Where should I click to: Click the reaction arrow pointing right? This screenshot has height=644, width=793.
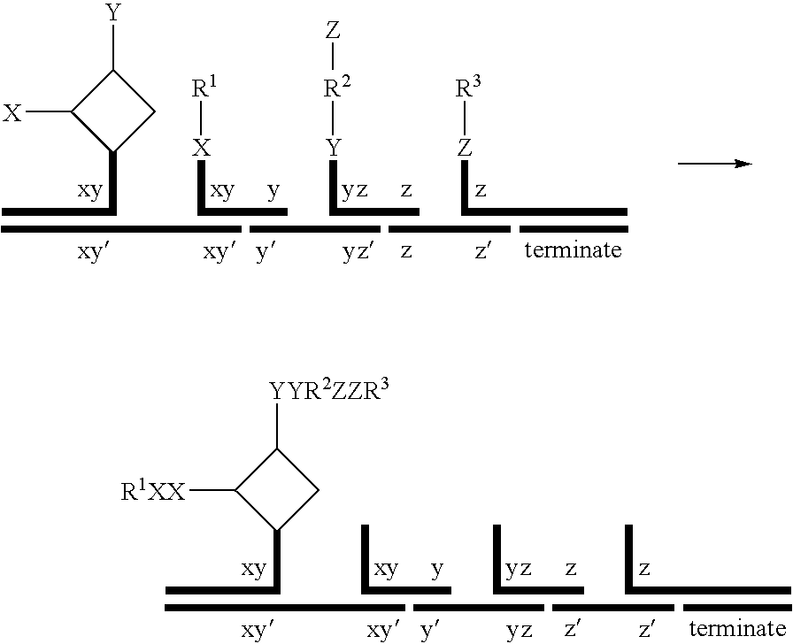(714, 164)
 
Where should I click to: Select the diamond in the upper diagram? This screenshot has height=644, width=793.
(113, 111)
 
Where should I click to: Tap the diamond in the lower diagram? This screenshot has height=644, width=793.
(277, 489)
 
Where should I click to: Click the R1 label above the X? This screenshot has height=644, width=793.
(204, 88)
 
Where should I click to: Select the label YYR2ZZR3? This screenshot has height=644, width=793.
(327, 390)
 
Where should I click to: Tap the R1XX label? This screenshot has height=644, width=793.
(152, 492)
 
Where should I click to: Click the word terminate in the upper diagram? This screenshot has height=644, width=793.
(573, 250)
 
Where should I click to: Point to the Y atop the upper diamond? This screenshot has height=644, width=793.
(113, 13)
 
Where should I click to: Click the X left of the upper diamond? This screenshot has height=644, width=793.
(12, 112)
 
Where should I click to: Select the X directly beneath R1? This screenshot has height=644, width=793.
(203, 148)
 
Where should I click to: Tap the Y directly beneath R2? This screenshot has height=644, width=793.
(333, 148)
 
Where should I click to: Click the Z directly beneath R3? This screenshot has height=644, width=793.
(465, 148)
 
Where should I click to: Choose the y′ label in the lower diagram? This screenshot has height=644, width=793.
(431, 630)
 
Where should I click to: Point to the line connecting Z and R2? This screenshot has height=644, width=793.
(333, 57)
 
